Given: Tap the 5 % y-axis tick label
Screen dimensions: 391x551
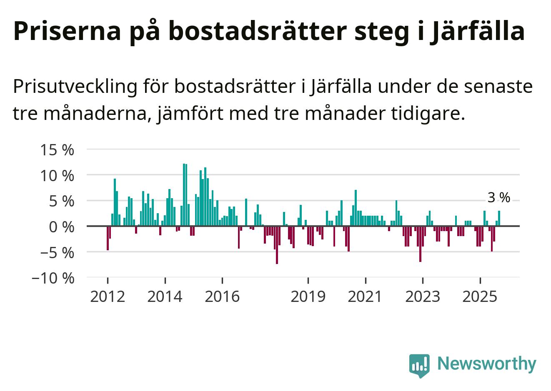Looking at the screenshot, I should coord(61,202).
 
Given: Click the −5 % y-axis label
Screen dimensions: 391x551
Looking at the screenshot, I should coord(57,253).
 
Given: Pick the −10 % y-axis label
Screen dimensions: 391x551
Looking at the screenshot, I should coord(53,278).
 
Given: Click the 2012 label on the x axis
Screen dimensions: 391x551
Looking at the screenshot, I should coord(108,297).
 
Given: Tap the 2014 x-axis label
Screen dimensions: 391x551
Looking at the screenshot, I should coord(165,297).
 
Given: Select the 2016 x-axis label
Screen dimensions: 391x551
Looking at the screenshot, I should coord(223,297).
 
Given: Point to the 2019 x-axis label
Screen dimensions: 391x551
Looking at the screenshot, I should coord(308,297).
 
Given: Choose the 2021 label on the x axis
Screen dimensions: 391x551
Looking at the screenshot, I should coord(365,297).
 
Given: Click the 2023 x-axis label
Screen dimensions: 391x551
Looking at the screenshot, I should coord(423,297).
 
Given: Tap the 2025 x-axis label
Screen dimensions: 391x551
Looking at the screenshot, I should coord(480,297).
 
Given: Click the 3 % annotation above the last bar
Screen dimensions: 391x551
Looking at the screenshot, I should coord(498,198).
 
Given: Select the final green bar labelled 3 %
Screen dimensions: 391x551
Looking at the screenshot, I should coord(499,219).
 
